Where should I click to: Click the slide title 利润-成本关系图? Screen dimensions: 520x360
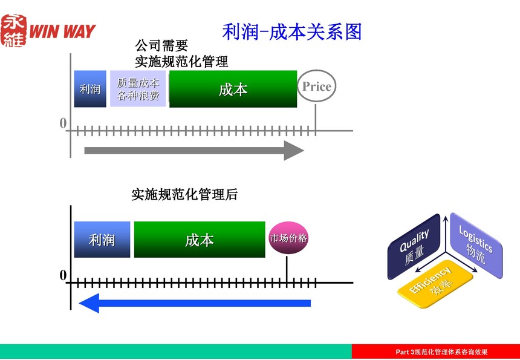click(x=292, y=32)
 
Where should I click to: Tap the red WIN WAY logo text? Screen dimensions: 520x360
click(x=62, y=31)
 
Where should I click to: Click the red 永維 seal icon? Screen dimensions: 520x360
click(x=13, y=30)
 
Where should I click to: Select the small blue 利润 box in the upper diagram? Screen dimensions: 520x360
click(x=90, y=89)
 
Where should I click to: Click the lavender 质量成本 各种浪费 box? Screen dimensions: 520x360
click(x=138, y=88)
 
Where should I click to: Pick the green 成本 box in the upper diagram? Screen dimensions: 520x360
click(x=233, y=89)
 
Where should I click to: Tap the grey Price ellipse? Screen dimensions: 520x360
click(x=316, y=86)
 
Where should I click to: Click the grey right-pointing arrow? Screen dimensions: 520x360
click(x=194, y=150)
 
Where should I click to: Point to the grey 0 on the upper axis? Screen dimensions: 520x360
click(x=63, y=123)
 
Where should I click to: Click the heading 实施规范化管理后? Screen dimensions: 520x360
click(x=184, y=194)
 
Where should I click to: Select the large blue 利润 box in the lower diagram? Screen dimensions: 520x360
click(x=102, y=240)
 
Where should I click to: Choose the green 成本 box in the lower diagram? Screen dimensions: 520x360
click(x=200, y=240)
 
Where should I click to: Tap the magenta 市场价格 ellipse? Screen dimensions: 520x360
click(x=288, y=238)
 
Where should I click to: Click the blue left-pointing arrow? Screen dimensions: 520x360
click(x=195, y=303)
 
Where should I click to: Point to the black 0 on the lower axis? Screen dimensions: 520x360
click(x=63, y=275)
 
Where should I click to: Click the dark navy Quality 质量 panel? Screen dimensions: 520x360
click(x=414, y=247)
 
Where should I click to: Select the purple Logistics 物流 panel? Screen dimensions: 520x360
click(x=476, y=245)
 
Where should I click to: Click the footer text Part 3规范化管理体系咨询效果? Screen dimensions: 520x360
click(x=442, y=352)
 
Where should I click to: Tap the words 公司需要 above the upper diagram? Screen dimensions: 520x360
click(x=161, y=45)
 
